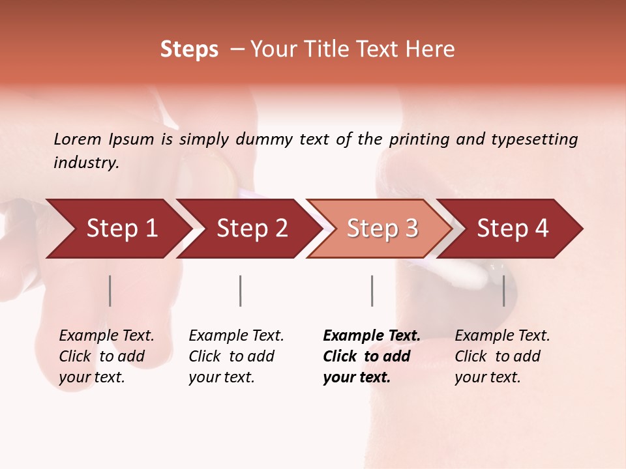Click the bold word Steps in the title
click(x=189, y=49)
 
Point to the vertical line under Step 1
click(x=110, y=291)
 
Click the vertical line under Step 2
click(x=241, y=291)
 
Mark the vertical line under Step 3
click(x=372, y=291)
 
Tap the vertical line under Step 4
click(x=504, y=291)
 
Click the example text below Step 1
click(x=106, y=356)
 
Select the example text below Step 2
click(x=236, y=356)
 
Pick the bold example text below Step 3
click(x=372, y=356)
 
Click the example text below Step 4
click(x=502, y=356)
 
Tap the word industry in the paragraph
click(x=86, y=162)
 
